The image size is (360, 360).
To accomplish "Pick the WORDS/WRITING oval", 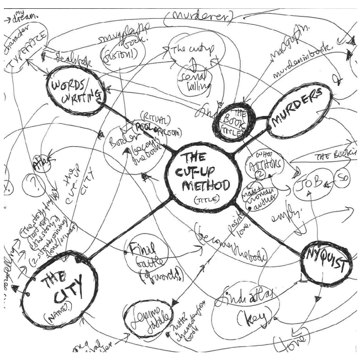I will coord(76,92).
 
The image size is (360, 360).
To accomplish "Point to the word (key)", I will coord(252,319).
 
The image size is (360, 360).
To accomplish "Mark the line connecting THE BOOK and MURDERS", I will coord(261,118).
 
